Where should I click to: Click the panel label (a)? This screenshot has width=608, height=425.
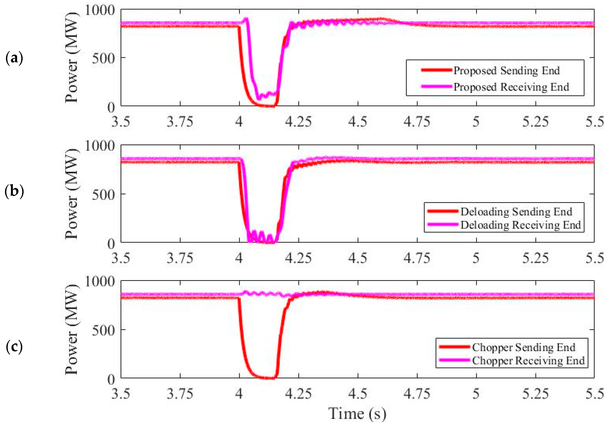pos(14,58)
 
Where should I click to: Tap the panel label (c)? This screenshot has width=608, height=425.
pos(14,347)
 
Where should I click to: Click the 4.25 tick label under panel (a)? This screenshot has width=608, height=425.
pos(298,122)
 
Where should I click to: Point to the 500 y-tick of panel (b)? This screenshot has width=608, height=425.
pos(103,195)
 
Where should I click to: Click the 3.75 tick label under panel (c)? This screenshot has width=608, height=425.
pos(180,394)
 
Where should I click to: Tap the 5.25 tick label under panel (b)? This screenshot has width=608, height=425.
pos(535,258)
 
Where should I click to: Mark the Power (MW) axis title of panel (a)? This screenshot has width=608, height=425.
pos(72,57)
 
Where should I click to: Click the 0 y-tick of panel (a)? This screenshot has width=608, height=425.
pos(111,107)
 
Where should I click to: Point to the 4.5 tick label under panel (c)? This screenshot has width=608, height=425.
pos(358,394)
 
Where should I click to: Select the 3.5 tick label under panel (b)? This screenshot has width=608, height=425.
pos(121,258)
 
